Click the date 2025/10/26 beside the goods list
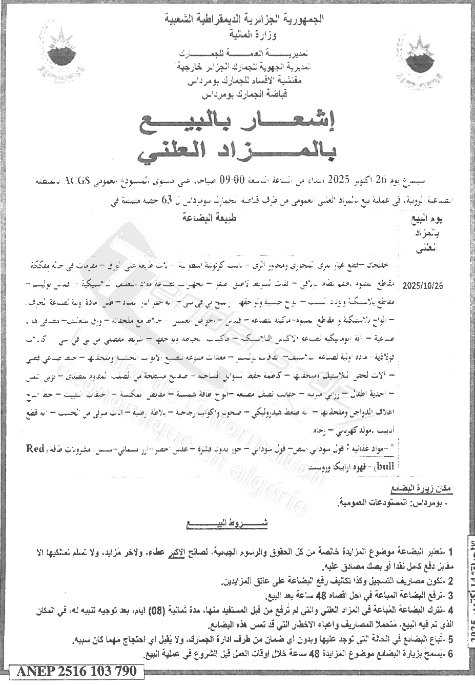point(422,285)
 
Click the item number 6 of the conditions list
point(450,654)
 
